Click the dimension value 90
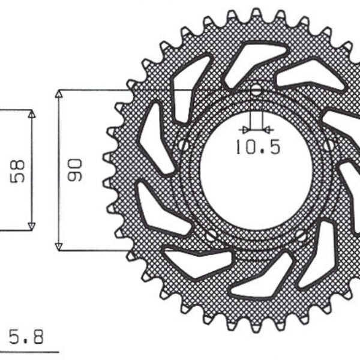75,170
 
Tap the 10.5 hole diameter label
257,147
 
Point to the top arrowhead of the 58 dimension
32,114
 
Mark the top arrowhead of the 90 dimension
59,94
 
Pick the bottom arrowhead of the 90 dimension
59,247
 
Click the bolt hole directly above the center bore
257,91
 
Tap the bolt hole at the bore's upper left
184,145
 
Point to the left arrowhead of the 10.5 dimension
242,129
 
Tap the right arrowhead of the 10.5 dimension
269,129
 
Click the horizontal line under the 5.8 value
30,350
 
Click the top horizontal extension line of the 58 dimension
15,110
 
